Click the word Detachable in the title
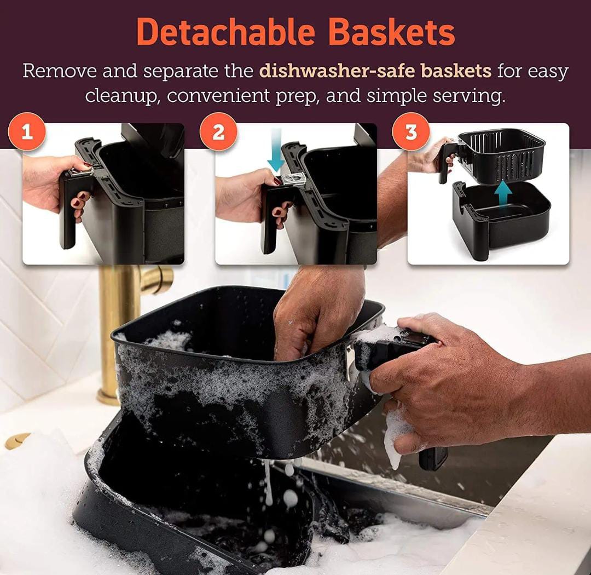225,32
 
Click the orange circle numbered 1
27,131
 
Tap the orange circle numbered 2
218,131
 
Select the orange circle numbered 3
411,131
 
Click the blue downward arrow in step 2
276,150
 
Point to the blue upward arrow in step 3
503,195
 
